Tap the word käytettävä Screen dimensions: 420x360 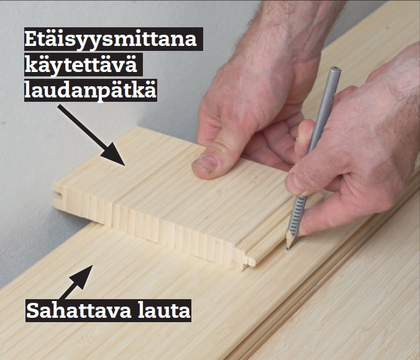[81, 65]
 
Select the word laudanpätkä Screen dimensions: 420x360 [91, 91]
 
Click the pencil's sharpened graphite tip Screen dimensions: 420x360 [288, 248]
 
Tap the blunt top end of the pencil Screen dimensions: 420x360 [336, 71]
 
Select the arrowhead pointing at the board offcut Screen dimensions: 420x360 [114, 155]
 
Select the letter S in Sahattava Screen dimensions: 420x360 [33, 310]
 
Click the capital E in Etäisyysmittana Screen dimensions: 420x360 [30, 40]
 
